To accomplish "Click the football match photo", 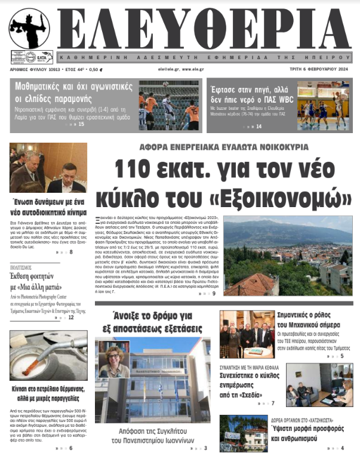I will pos(169,105).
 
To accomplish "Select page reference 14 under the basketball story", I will pos(259,126).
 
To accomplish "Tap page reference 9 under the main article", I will pos(214,294).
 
